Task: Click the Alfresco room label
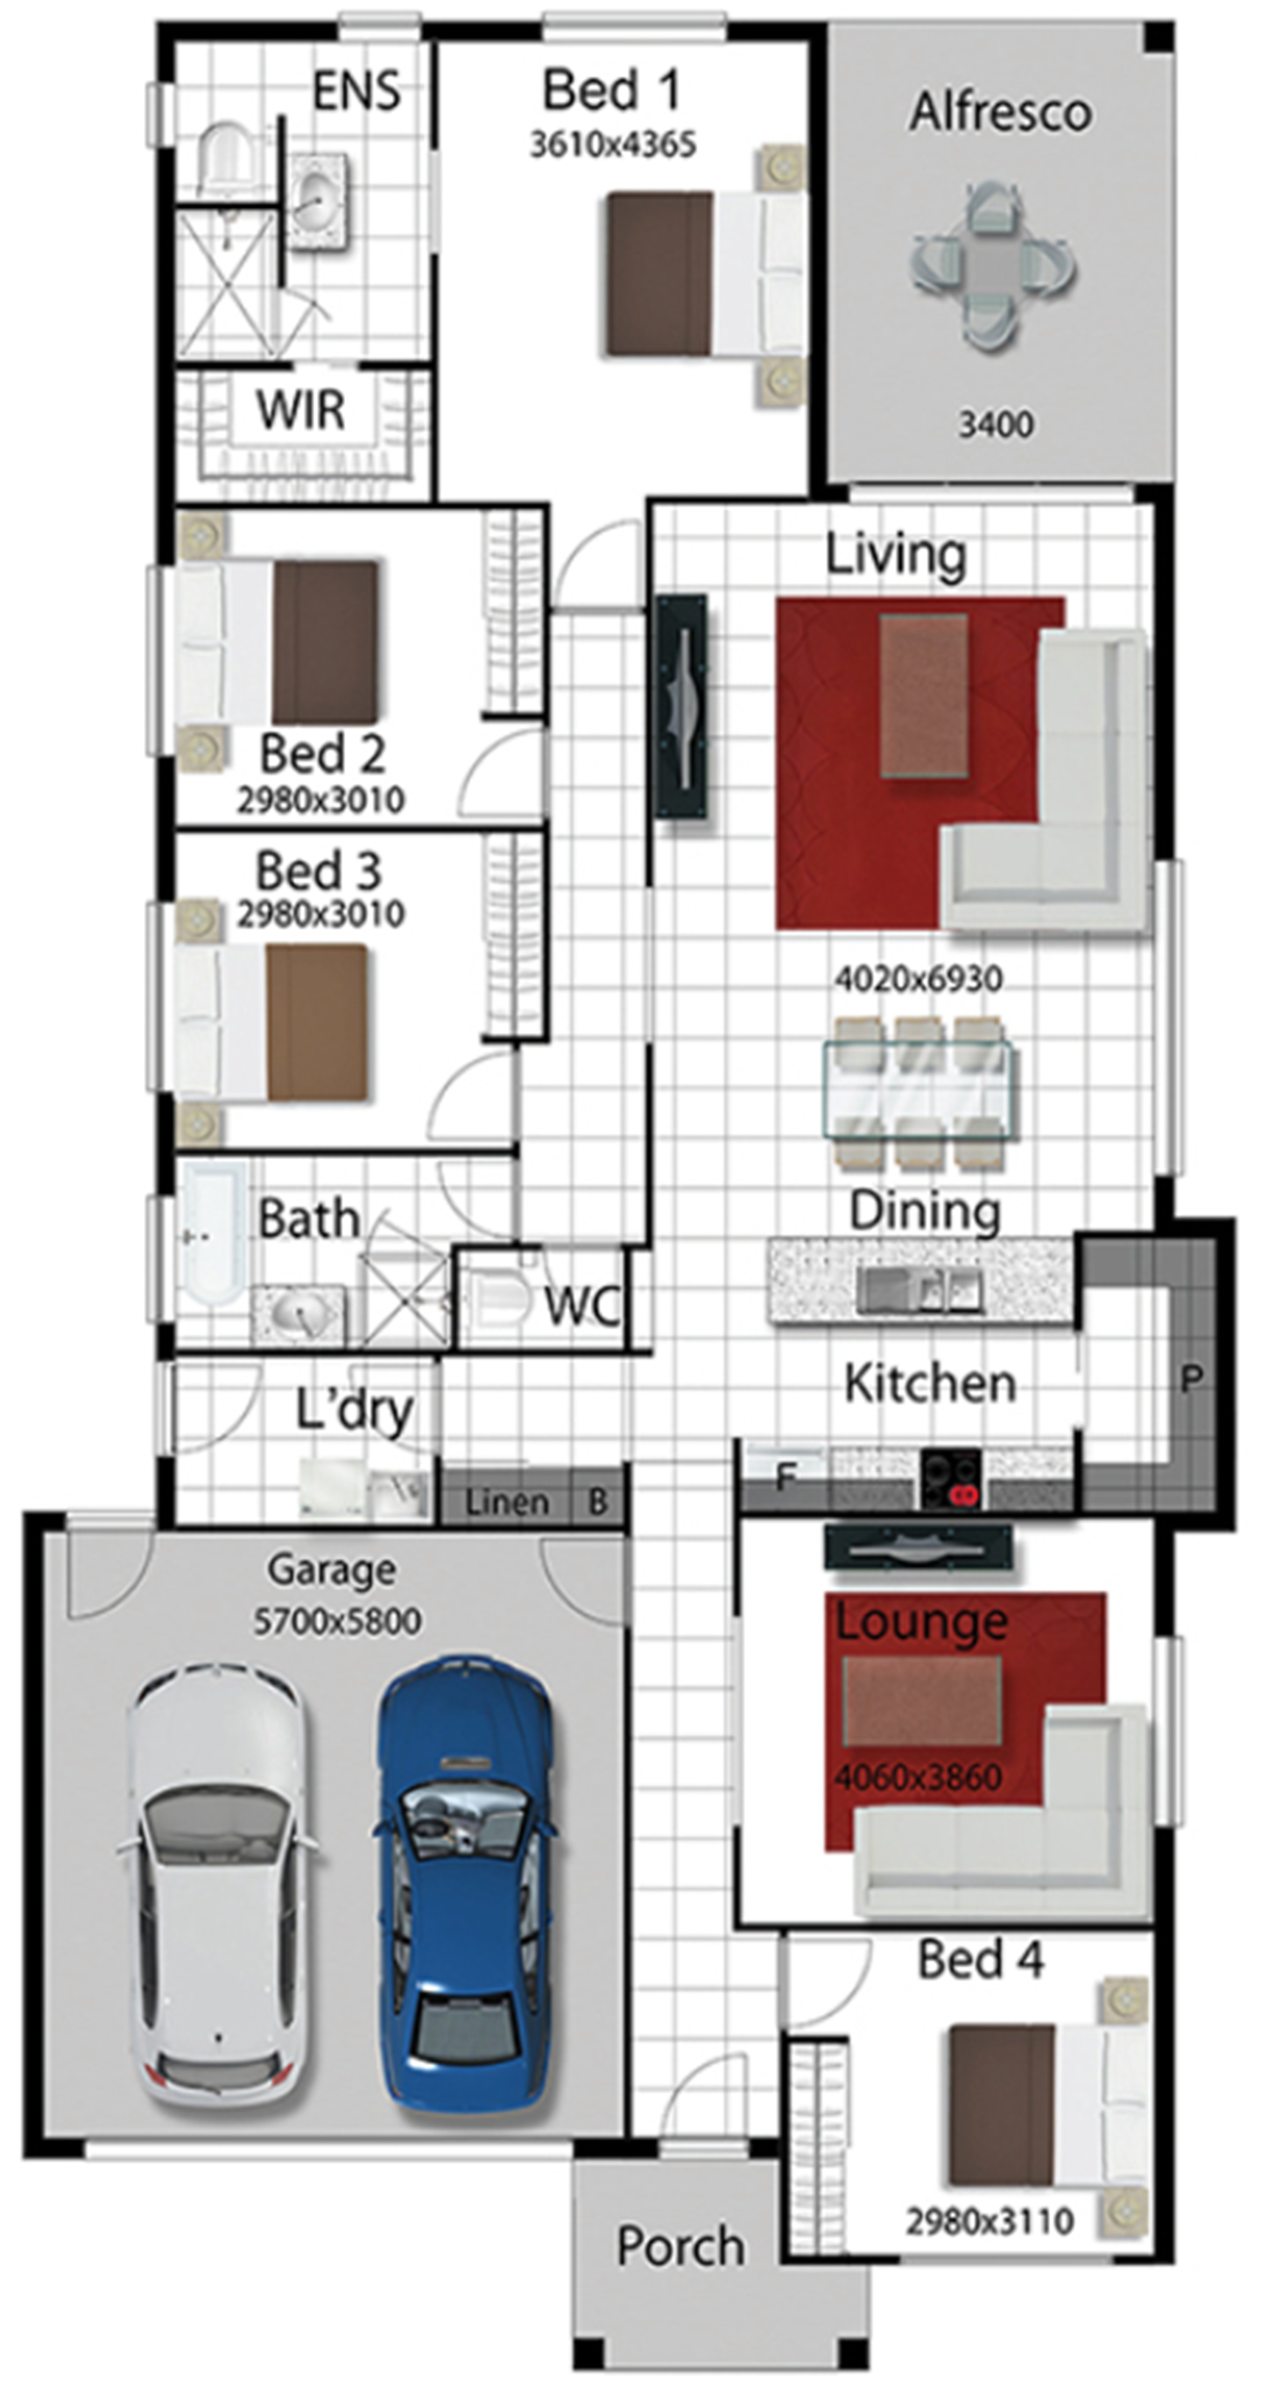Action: tap(1000, 112)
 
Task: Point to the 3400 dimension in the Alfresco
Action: tap(996, 425)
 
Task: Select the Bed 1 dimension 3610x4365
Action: tap(612, 145)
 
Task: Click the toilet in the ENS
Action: tap(227, 156)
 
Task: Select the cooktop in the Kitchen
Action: tap(951, 1479)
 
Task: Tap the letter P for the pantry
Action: tap(1192, 1379)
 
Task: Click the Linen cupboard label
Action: tap(507, 1502)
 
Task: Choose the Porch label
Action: tap(681, 2247)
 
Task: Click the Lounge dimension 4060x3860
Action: tap(919, 1778)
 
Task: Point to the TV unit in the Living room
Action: tap(682, 707)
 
